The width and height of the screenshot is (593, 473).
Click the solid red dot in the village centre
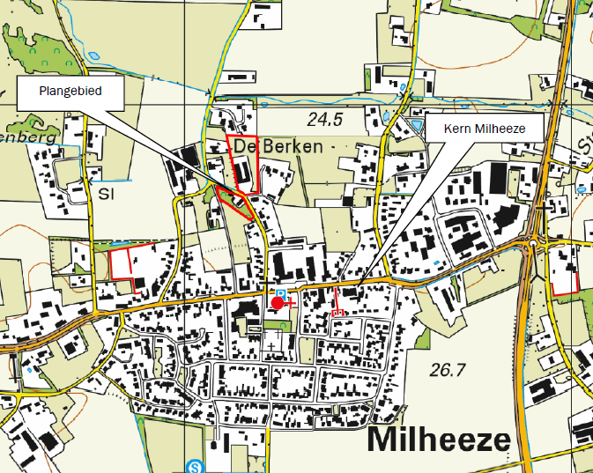(278, 303)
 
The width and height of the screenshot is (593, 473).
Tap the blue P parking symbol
(281, 292)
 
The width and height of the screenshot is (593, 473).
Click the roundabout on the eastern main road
(535, 242)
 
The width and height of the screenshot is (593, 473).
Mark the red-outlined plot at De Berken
(242, 164)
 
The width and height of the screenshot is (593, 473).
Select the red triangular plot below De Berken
(235, 202)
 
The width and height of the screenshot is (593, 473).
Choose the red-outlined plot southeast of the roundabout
(563, 269)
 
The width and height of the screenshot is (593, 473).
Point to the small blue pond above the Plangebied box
(94, 57)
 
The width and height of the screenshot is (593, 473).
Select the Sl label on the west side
(107, 193)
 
